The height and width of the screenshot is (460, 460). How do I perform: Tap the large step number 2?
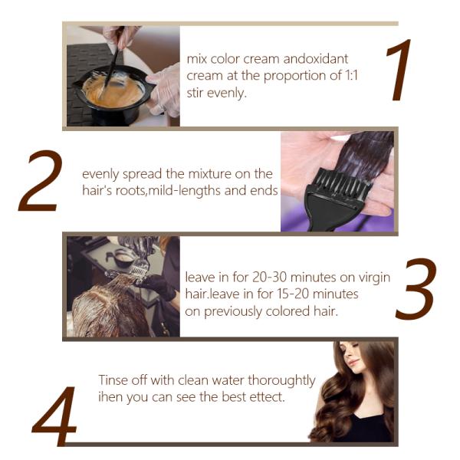coord(41,180)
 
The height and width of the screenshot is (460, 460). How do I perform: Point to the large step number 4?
coord(54,416)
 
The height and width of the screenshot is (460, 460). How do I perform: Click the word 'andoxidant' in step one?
coord(316,59)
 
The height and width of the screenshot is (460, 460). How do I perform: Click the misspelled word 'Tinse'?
coord(113,380)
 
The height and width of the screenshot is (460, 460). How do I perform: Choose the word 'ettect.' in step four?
coord(268,397)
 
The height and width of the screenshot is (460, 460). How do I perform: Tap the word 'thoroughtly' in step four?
coord(281,381)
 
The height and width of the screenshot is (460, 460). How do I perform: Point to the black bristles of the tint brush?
coord(341,181)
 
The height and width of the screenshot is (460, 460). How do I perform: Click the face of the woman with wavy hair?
coord(354,356)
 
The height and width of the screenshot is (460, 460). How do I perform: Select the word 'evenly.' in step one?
coord(226,94)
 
